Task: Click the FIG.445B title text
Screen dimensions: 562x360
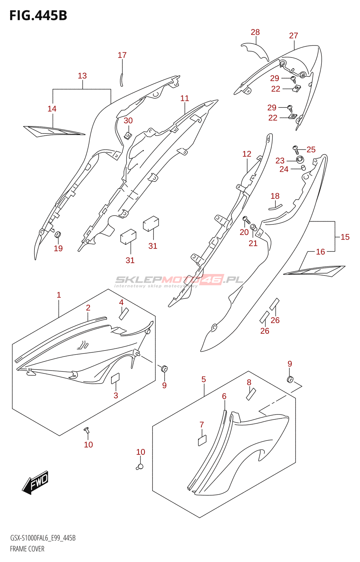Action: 38,15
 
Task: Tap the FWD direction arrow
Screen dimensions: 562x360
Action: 36,482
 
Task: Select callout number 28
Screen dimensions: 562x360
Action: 255,32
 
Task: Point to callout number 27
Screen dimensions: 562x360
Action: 294,36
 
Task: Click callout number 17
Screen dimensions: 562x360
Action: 122,55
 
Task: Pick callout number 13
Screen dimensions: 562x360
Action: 82,76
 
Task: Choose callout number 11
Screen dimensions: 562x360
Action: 185,98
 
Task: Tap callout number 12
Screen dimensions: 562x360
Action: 247,154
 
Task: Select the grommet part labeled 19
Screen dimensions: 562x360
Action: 58,235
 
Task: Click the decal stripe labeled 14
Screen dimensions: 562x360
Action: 53,131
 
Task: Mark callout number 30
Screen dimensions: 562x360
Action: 128,121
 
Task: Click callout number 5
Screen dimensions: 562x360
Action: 204,379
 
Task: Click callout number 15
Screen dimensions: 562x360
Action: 345,237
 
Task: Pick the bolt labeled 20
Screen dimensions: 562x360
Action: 246,220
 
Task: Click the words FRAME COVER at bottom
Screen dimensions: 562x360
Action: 27,549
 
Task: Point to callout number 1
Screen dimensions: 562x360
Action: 59,295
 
